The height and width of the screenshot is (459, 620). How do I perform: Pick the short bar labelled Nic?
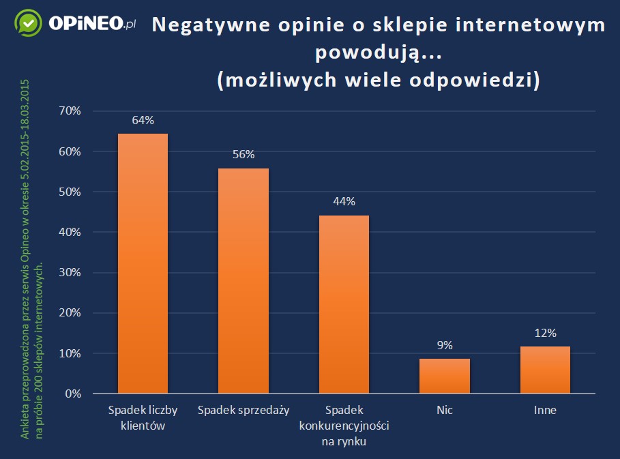[444, 376]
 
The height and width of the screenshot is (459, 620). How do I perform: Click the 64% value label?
[143, 120]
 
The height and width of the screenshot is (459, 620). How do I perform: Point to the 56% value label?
[243, 154]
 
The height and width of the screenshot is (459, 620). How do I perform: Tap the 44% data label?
[344, 201]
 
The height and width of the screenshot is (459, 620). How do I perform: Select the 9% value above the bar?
[444, 345]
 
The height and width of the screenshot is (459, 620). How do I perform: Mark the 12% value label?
[545, 333]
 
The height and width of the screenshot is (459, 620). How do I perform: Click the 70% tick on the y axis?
[70, 111]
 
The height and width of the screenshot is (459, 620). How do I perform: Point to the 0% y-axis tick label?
[73, 394]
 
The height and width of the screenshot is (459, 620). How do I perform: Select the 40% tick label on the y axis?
[70, 233]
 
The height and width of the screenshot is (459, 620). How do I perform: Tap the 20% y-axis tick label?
[70, 313]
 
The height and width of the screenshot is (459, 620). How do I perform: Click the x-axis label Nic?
[444, 411]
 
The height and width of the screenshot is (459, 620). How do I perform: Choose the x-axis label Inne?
[545, 411]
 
